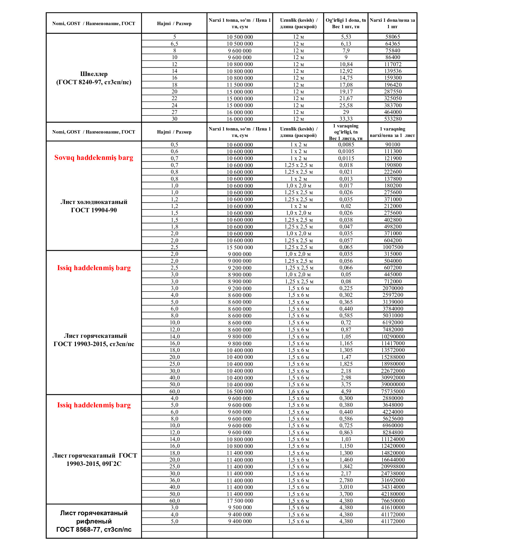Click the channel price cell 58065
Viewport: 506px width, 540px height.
pos(392,37)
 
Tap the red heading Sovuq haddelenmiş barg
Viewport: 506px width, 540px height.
pos(94,158)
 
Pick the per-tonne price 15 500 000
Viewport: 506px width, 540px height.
pos(240,247)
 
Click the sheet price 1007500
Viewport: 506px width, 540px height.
pos(393,247)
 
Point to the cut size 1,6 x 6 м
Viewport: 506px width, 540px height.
pos(298,391)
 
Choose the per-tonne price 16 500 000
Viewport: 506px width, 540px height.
pos(240,391)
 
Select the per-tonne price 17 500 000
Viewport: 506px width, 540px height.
pos(240,501)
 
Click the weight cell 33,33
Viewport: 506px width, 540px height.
pos(346,119)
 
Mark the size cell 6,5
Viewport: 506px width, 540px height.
pos(174,44)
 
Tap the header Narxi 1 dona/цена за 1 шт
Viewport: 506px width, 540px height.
pos(392,23)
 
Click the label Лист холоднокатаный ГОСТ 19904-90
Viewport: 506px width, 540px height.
pos(94,206)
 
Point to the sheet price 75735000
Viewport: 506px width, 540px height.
pos(393,391)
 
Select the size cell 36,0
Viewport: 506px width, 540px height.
pos(174,480)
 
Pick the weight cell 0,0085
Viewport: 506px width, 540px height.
pos(346,145)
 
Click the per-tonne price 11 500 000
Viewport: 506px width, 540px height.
pos(240,85)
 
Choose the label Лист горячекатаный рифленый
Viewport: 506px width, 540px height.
pos(94,517)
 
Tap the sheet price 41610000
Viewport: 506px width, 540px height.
pos(393,508)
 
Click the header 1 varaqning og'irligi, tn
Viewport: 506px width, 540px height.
pos(346,132)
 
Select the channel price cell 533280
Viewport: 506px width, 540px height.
pos(393,119)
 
